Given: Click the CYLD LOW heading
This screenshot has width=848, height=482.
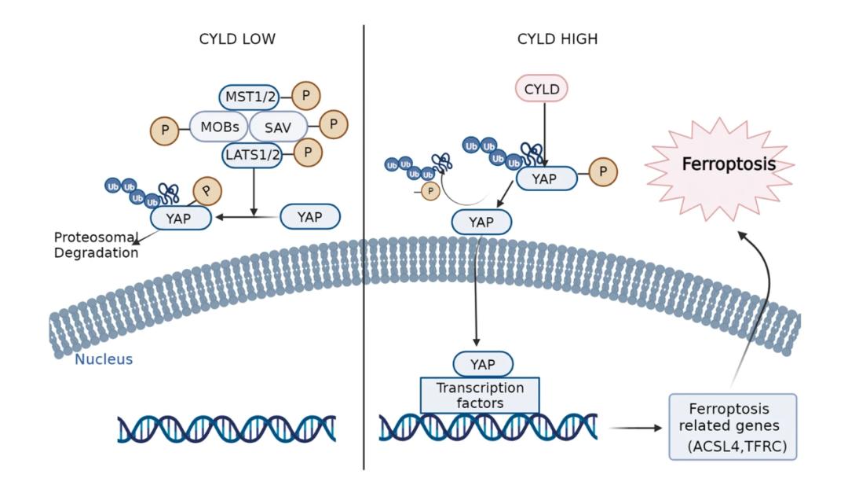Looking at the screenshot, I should coord(238,39).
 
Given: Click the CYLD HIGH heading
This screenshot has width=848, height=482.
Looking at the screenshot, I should coord(557,39).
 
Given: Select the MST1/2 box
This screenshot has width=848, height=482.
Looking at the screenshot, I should coord(249,98).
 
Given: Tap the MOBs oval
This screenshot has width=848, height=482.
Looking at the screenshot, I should coord(219,126).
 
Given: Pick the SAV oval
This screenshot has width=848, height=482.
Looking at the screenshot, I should coord(278,126).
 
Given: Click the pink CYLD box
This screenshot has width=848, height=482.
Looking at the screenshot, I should coord(542,90).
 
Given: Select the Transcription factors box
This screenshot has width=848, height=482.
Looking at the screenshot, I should coord(480,396).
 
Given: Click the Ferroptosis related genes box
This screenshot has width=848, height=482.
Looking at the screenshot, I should coord(732,427).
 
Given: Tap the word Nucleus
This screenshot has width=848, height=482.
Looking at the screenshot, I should coord(104,360).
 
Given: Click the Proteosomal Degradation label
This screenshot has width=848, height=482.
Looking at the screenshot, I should coord(96,245).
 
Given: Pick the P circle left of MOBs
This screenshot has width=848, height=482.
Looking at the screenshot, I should coord(165,130).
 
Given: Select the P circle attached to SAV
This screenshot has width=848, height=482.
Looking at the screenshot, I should coord(333,124).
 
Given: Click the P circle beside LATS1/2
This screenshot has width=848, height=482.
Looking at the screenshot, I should coord(308,153).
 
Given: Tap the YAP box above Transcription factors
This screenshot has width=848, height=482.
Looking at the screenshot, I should coord(482,364).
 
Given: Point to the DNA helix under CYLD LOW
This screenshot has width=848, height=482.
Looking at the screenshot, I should coord(227,429).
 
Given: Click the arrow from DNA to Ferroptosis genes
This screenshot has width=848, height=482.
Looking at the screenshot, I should coord(635,429).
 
